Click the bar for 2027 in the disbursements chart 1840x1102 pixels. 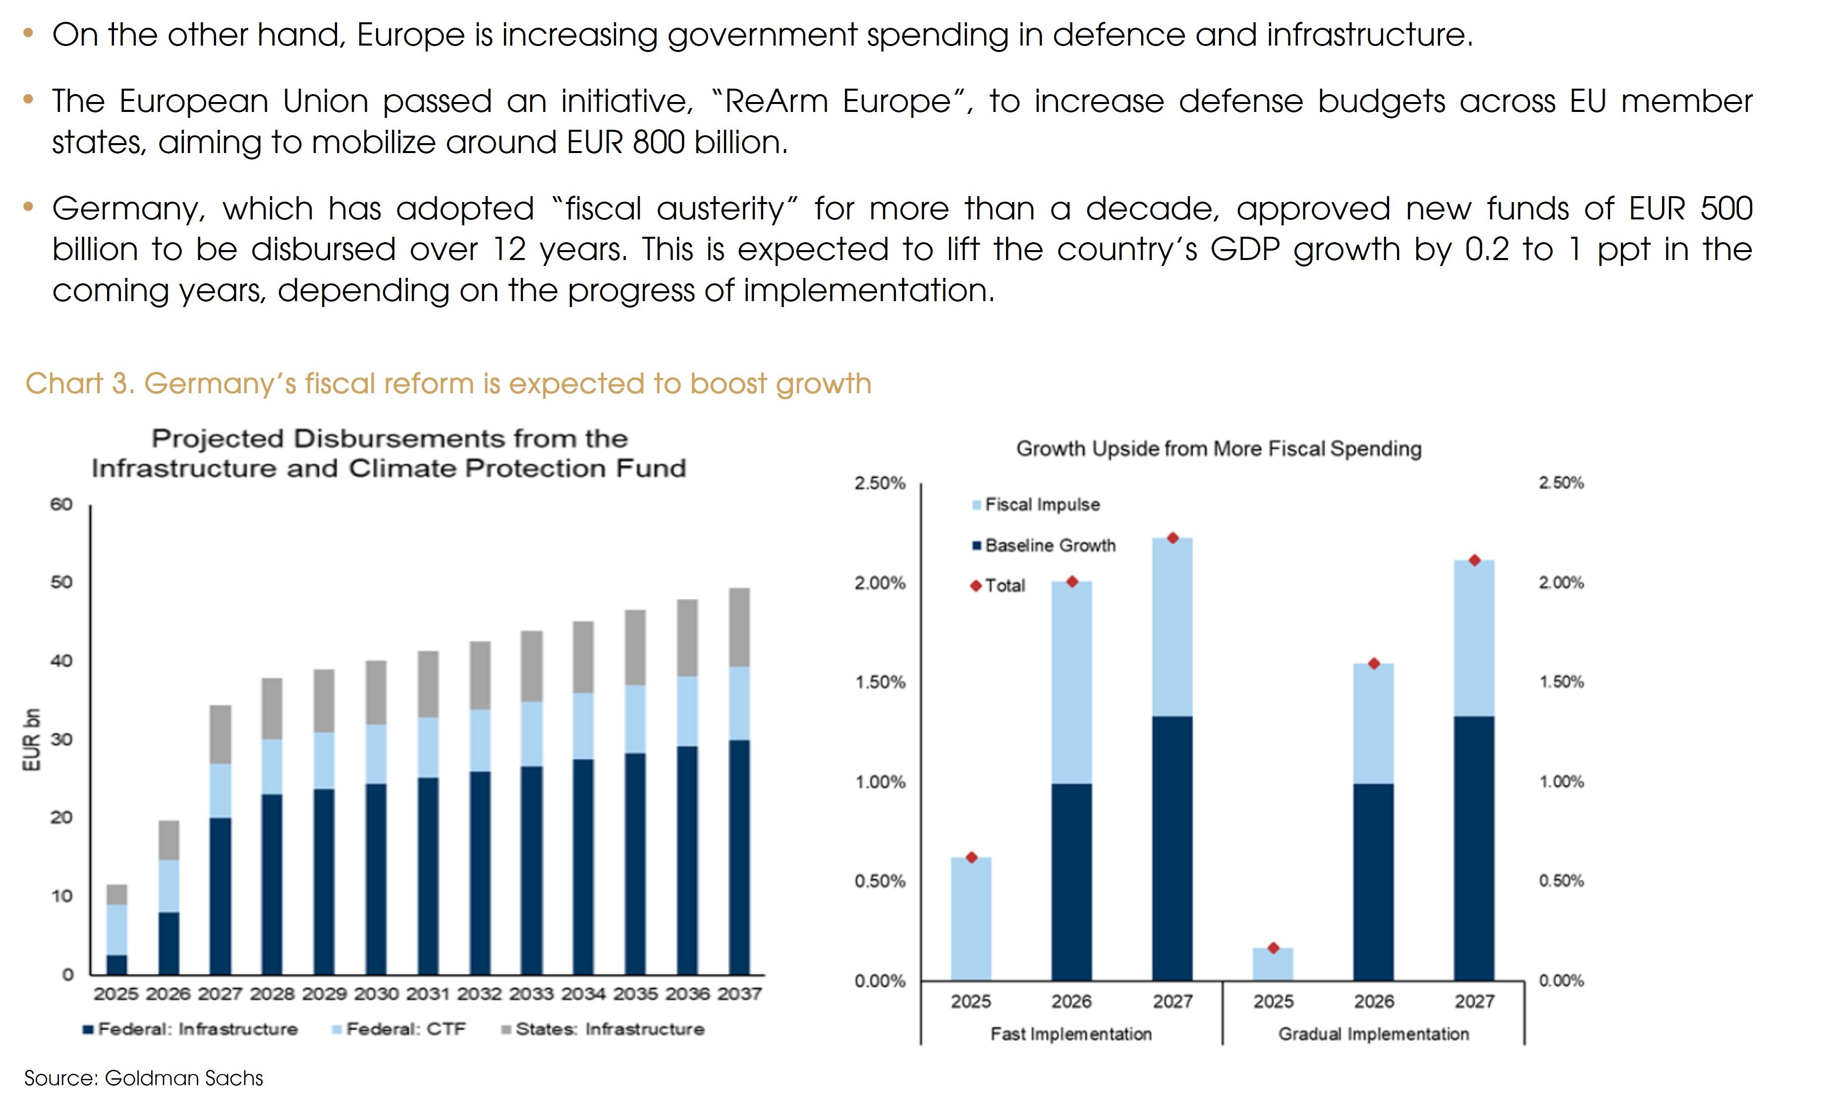pos(220,839)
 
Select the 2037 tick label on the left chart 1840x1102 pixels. pos(739,994)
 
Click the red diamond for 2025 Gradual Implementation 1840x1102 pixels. pos(1273,948)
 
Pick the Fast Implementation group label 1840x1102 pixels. pos(1070,1034)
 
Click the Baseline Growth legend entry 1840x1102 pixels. pos(1050,546)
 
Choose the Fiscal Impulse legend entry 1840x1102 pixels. pos(1042,505)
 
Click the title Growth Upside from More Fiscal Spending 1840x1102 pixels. pos(1218,449)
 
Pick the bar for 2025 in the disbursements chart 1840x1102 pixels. pos(116,930)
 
